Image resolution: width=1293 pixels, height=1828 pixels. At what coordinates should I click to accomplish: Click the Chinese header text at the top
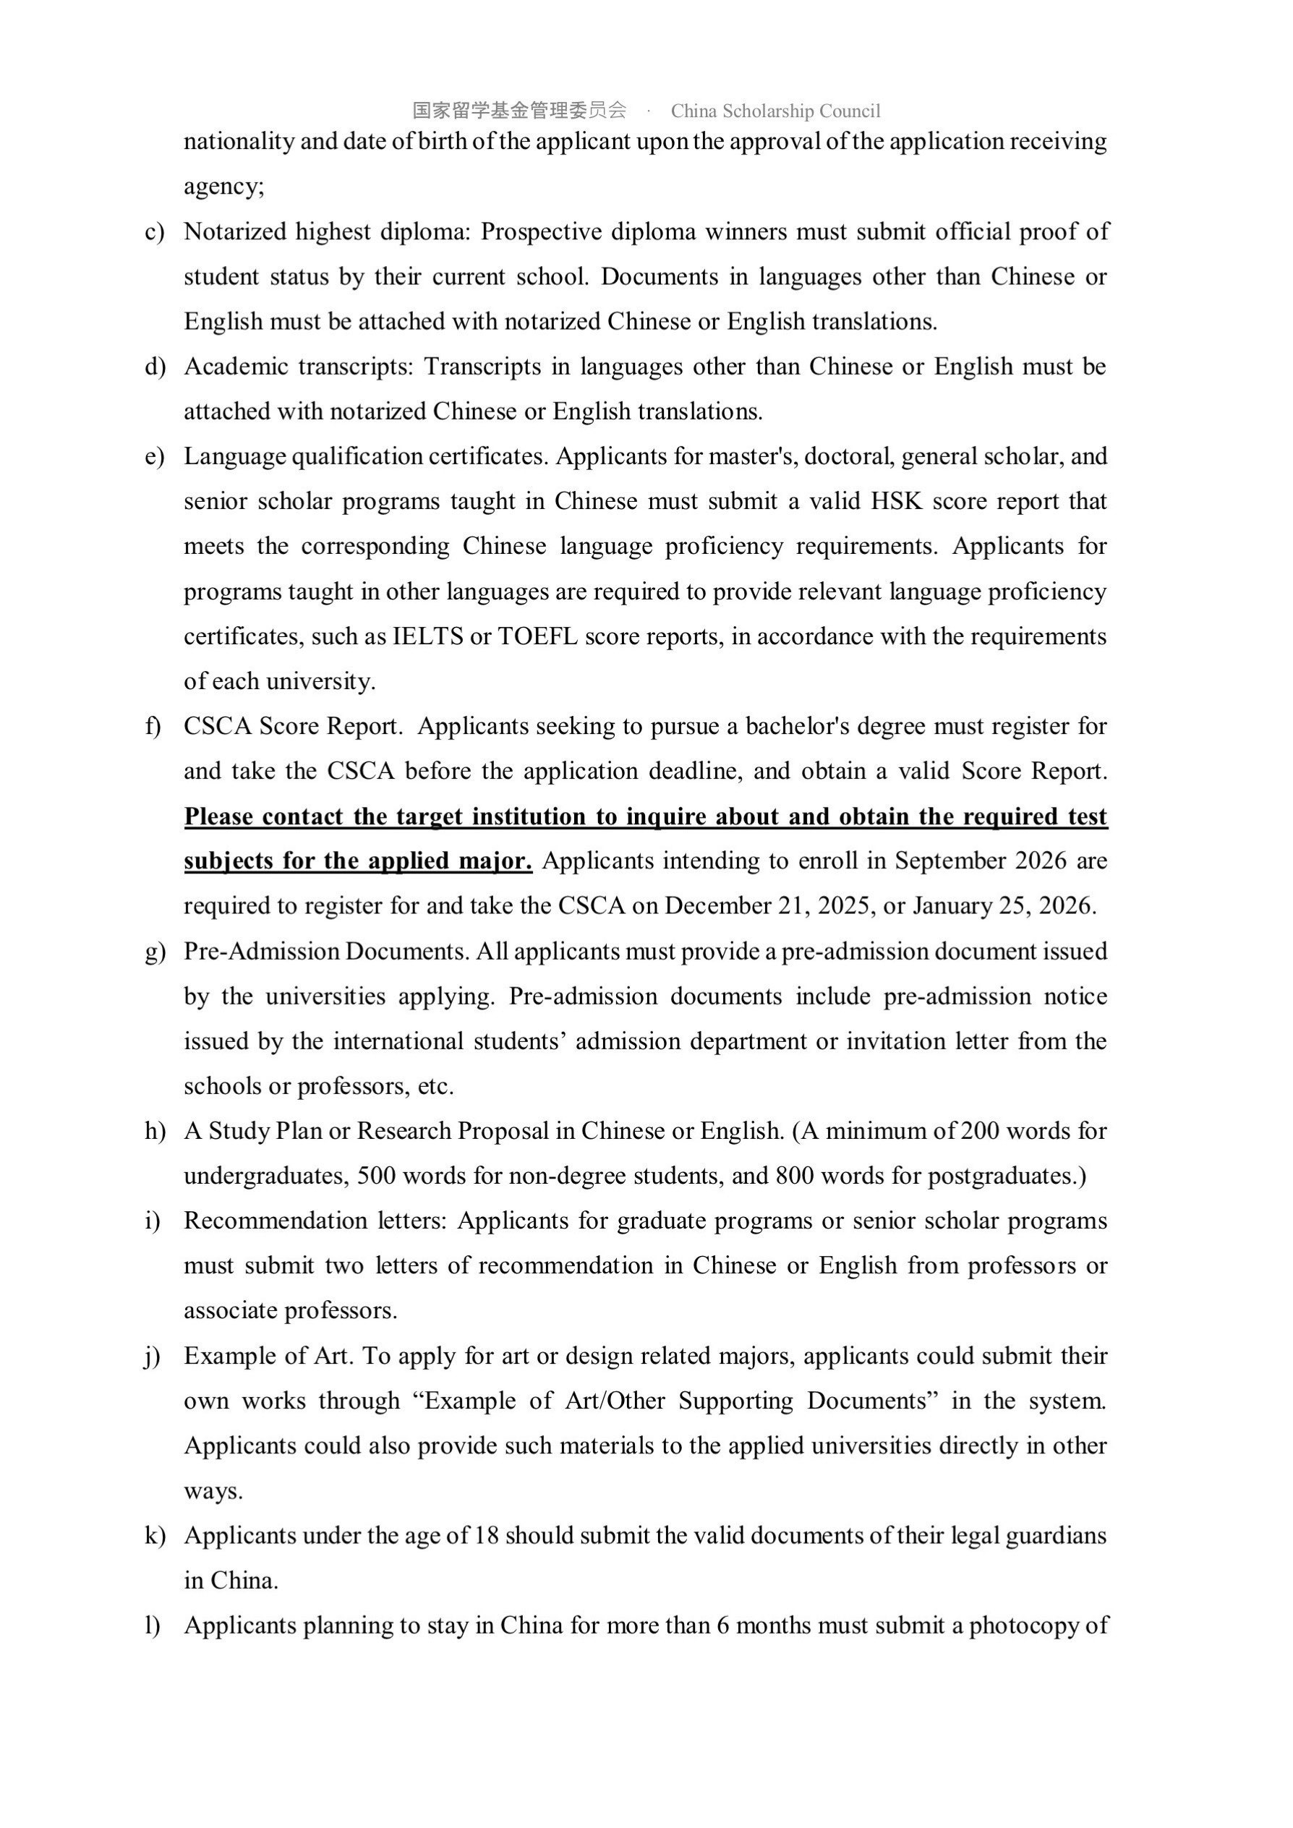tap(519, 110)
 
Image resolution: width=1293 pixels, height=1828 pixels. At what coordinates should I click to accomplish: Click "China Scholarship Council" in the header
tap(775, 111)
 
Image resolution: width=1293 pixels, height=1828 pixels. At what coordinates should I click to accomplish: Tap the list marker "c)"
tap(155, 231)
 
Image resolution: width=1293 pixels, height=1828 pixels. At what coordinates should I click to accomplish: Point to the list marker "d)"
tap(155, 367)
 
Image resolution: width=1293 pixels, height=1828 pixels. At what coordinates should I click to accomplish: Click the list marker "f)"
tap(153, 726)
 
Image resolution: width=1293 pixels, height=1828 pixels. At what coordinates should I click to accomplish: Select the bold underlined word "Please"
tap(218, 817)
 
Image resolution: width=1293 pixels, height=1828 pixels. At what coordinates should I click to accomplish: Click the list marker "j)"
tap(153, 1356)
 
